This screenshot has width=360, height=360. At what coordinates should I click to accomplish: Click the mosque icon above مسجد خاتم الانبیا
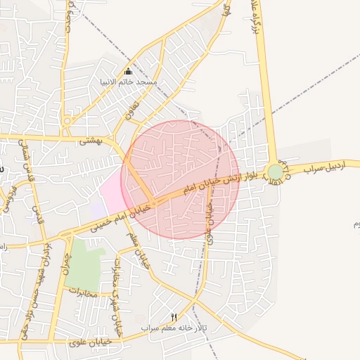(x=128, y=72)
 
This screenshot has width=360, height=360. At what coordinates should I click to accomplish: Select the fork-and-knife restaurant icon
(x=174, y=319)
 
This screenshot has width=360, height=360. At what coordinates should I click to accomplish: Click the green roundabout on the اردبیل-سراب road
(x=276, y=172)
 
